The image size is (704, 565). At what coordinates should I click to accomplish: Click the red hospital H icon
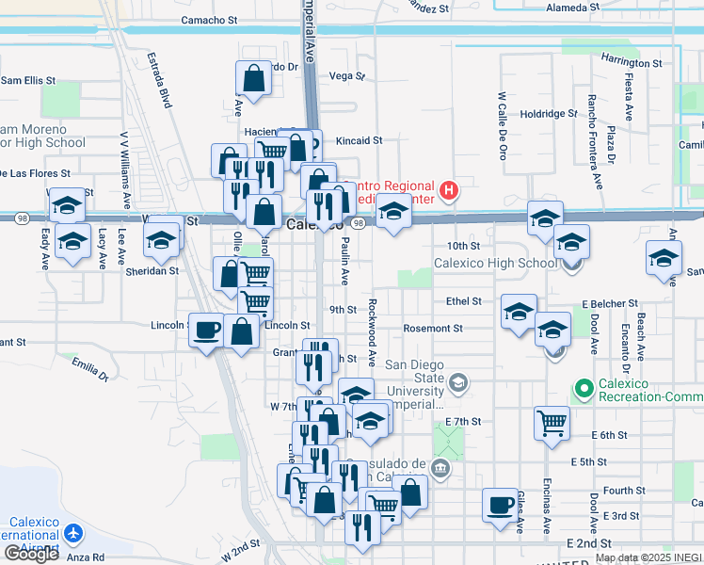tap(449, 190)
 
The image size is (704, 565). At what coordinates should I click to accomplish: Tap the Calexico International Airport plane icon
tap(74, 534)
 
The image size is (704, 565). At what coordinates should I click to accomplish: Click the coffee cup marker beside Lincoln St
tap(207, 330)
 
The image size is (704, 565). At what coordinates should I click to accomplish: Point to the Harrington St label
tap(631, 63)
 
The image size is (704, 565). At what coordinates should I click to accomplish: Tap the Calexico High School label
tap(495, 263)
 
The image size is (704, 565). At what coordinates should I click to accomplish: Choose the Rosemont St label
tap(433, 329)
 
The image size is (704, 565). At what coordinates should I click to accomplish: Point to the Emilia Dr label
tap(90, 369)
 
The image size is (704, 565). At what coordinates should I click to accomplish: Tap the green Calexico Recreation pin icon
tap(584, 387)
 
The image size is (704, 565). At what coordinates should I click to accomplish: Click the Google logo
tap(31, 554)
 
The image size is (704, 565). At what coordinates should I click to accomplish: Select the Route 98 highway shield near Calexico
tap(358, 223)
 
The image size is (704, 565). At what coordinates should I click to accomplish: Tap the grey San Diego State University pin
tap(457, 381)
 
